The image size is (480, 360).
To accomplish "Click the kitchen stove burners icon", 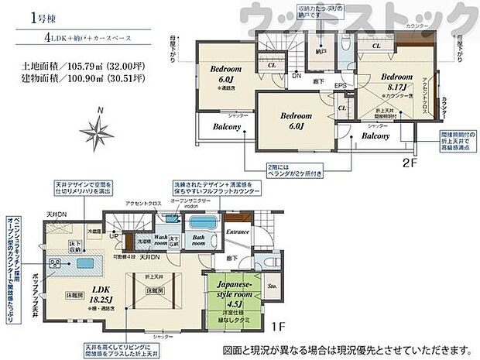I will (x=56, y=264).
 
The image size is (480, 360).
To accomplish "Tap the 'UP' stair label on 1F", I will (x=115, y=236).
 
